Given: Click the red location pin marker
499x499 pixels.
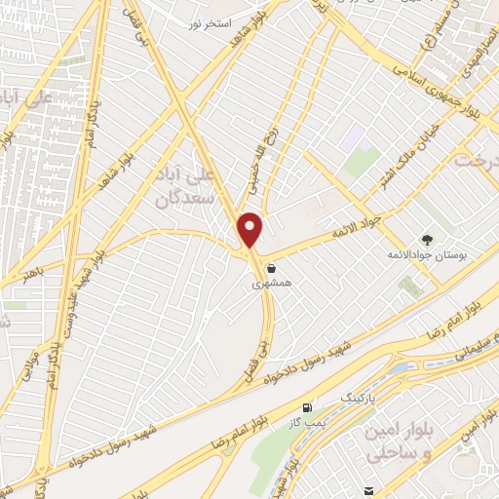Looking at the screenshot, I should point(250,229).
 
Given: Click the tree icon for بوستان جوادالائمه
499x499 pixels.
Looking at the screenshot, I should point(426,239).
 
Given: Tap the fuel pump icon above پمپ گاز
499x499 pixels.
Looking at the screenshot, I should point(309,407).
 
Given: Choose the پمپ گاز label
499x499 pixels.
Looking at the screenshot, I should point(307,423).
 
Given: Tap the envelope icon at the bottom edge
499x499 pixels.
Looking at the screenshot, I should point(368,490).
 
